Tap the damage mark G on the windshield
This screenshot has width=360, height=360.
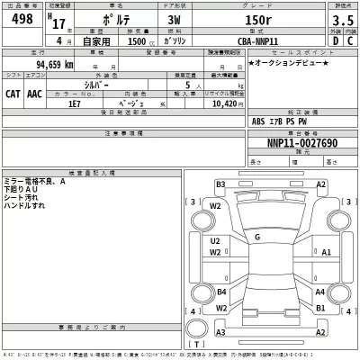pos(257,237)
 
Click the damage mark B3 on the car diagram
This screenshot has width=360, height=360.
pos(220,184)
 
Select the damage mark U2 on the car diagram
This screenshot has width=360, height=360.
pos(216,241)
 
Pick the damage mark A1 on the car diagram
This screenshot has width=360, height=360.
pos(326,253)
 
